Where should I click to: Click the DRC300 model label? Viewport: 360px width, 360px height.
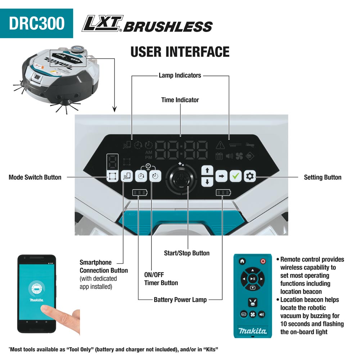point(37,23)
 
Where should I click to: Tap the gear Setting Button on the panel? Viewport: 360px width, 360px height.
point(250,176)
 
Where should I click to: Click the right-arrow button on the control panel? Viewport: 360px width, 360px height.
point(221,176)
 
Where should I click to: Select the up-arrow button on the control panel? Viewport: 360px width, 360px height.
point(207,170)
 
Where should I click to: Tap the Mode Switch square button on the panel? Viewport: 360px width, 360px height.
point(112,176)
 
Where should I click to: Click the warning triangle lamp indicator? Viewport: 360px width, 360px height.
point(220,145)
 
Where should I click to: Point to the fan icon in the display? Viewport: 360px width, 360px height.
point(239,156)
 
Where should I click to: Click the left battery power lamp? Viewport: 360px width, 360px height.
point(140,192)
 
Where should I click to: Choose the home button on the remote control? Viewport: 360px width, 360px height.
point(242,261)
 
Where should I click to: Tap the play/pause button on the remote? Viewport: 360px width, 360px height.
point(253,279)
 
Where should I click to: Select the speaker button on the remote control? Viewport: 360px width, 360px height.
point(262,314)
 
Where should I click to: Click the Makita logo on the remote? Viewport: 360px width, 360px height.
point(253,331)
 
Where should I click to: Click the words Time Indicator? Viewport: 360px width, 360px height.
point(180,100)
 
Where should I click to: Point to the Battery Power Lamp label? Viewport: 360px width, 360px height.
point(180,300)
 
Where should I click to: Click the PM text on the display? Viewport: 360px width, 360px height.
point(149,158)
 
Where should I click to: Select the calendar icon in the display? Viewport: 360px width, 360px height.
point(219,156)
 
